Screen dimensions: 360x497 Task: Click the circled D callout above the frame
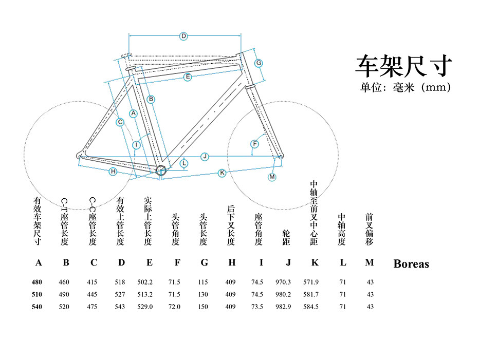tap(183, 36)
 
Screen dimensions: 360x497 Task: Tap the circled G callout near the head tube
tap(259, 63)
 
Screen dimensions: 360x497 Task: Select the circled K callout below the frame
tap(222, 173)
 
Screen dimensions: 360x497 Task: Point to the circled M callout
tap(272, 177)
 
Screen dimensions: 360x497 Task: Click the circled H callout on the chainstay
tap(113, 172)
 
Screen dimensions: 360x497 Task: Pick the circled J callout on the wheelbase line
tap(205, 156)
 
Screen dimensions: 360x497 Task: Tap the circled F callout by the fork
tap(254, 144)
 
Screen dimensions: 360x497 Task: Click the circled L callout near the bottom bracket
tap(184, 164)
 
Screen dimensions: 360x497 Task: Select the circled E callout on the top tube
tap(188, 77)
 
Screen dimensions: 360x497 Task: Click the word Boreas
tap(411, 264)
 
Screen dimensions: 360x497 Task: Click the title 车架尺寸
tap(404, 66)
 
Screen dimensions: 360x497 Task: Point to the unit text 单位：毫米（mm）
tap(406, 88)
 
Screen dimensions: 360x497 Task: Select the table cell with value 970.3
tap(283, 282)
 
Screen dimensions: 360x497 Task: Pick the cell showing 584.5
tap(311, 307)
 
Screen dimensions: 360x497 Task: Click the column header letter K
tap(315, 263)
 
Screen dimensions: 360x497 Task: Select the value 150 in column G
tap(204, 307)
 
